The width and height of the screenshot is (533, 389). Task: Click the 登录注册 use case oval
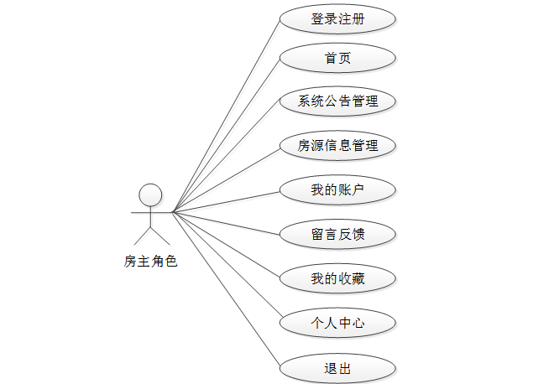[337, 18]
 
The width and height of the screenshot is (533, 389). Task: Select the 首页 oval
[337, 59]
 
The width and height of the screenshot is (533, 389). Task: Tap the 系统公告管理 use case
[337, 102]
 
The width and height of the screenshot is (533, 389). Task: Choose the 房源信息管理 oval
[337, 146]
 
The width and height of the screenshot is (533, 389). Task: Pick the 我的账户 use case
[337, 190]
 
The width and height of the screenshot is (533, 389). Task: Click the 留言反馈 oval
[337, 234]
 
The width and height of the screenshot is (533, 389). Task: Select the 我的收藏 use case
[337, 277]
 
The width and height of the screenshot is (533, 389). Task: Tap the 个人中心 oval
[337, 322]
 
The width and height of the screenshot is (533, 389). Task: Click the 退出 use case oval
[337, 368]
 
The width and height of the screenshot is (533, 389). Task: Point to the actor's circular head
[150, 194]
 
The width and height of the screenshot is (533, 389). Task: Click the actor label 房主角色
[151, 262]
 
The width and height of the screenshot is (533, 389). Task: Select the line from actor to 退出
[225, 289]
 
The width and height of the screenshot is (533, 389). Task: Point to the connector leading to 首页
[225, 136]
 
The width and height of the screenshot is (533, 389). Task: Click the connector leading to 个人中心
[225, 267]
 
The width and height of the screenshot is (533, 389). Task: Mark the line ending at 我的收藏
[225, 244]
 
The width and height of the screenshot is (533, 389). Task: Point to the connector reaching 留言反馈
[225, 223]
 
